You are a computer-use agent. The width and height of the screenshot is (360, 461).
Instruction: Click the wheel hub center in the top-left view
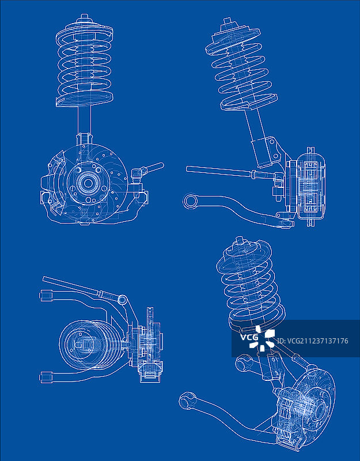(x=88, y=183)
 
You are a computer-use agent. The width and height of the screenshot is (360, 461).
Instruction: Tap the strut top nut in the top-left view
(x=85, y=18)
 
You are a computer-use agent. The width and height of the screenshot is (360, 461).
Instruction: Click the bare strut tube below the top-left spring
(x=84, y=120)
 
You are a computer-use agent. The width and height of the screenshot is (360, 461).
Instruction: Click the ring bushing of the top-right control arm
(x=191, y=201)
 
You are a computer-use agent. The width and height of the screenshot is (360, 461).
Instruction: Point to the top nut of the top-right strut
(x=228, y=22)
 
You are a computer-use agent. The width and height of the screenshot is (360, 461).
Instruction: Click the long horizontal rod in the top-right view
(x=219, y=171)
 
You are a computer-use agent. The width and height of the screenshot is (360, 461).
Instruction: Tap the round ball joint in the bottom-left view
(x=122, y=300)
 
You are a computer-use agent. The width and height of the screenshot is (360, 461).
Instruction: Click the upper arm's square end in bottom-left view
(x=46, y=296)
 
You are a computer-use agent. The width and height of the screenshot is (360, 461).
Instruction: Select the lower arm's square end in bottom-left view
(x=46, y=377)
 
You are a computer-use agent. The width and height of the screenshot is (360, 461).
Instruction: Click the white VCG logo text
(x=249, y=337)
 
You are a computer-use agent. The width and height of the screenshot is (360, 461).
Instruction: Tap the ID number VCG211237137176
(x=313, y=341)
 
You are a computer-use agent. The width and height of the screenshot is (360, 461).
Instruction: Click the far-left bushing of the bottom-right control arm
(x=187, y=401)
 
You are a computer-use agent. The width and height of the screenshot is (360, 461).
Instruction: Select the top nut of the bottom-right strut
(x=240, y=240)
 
